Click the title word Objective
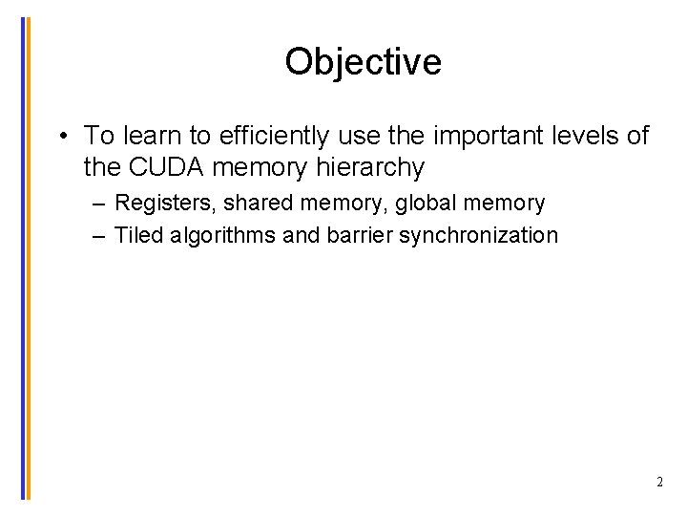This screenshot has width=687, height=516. [x=363, y=62]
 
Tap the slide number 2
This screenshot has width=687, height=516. [x=659, y=482]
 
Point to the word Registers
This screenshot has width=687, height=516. [x=164, y=204]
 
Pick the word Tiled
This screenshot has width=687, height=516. [x=138, y=235]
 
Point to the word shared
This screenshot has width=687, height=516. [x=259, y=204]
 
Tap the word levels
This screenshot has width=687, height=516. [x=587, y=136]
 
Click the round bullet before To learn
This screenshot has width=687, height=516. [x=61, y=136]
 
